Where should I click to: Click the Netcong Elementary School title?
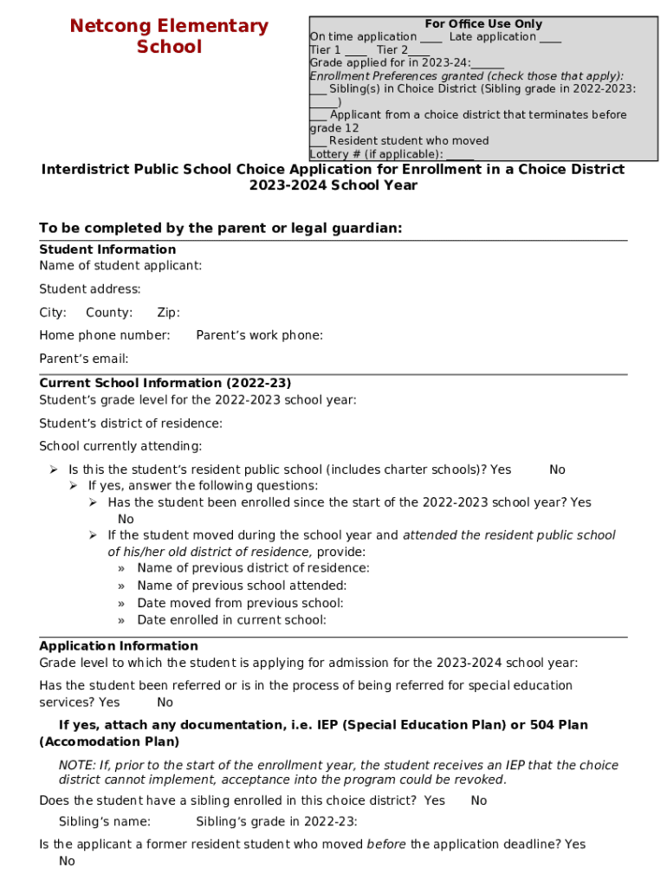(x=169, y=36)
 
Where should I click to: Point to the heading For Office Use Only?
(x=483, y=24)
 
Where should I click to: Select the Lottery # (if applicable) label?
(x=376, y=154)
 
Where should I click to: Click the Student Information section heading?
(x=107, y=249)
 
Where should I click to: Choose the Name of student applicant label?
(x=120, y=265)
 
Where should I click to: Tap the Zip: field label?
(x=168, y=313)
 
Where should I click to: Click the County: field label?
(x=109, y=313)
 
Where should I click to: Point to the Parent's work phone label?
(x=259, y=335)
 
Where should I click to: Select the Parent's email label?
(x=84, y=359)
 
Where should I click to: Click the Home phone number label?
(x=105, y=335)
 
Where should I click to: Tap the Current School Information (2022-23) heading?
(x=165, y=383)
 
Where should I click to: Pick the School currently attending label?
(x=120, y=446)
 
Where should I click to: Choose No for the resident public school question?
(x=557, y=469)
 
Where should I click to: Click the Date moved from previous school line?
(x=240, y=603)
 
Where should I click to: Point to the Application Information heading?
(x=119, y=646)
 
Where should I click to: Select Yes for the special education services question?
(x=109, y=702)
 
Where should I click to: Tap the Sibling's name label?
(x=105, y=821)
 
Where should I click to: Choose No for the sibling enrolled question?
(x=479, y=801)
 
